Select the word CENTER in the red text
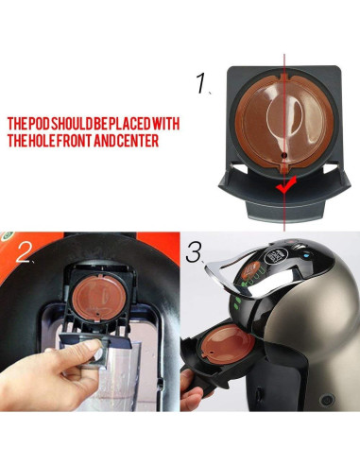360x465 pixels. tap(133, 142)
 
